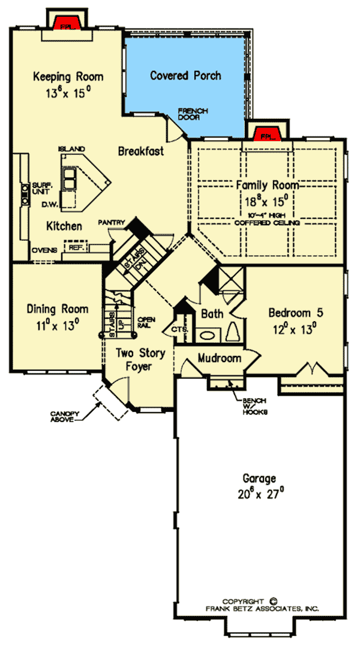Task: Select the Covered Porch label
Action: point(185,76)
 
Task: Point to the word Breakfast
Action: point(140,151)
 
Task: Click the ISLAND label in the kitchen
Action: point(71,148)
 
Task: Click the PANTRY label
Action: point(112,223)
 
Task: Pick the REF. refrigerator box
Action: point(76,247)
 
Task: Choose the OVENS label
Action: point(46,249)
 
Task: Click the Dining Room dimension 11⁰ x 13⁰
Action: point(57,324)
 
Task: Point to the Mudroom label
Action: point(220,358)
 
